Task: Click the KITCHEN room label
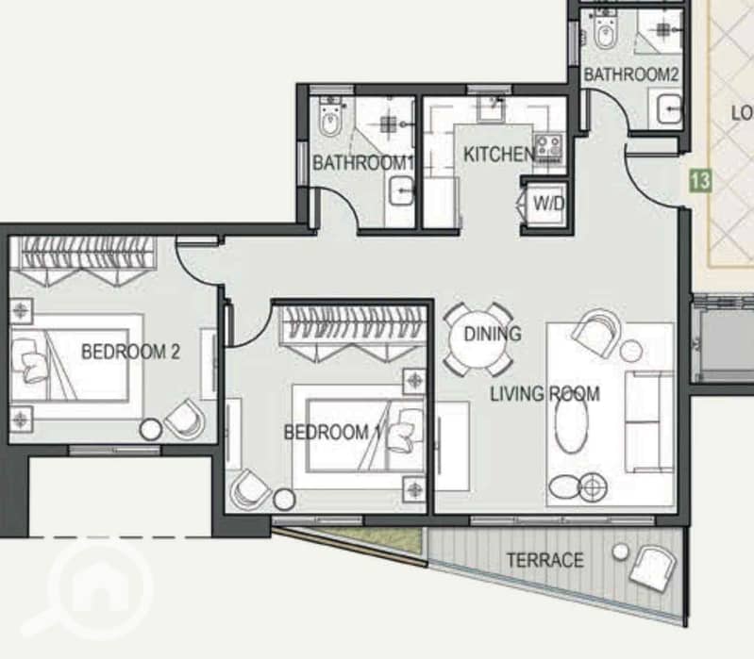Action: click(x=498, y=155)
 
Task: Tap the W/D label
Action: click(x=548, y=205)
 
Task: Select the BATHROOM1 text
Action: click(x=363, y=163)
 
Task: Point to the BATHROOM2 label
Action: click(x=631, y=74)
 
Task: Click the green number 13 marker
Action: click(x=700, y=181)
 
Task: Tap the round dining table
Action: click(x=478, y=339)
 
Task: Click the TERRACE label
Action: click(x=545, y=560)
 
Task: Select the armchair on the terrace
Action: click(x=652, y=568)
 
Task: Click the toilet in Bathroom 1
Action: click(x=330, y=118)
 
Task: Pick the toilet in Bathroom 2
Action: click(x=605, y=30)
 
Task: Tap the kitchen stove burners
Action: click(x=548, y=146)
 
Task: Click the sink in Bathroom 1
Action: click(x=401, y=191)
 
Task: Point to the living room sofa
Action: click(x=648, y=421)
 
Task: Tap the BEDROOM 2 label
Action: click(x=130, y=352)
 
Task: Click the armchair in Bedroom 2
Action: click(x=185, y=419)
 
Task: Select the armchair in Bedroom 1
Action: click(x=250, y=489)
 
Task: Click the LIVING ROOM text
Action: click(x=545, y=394)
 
